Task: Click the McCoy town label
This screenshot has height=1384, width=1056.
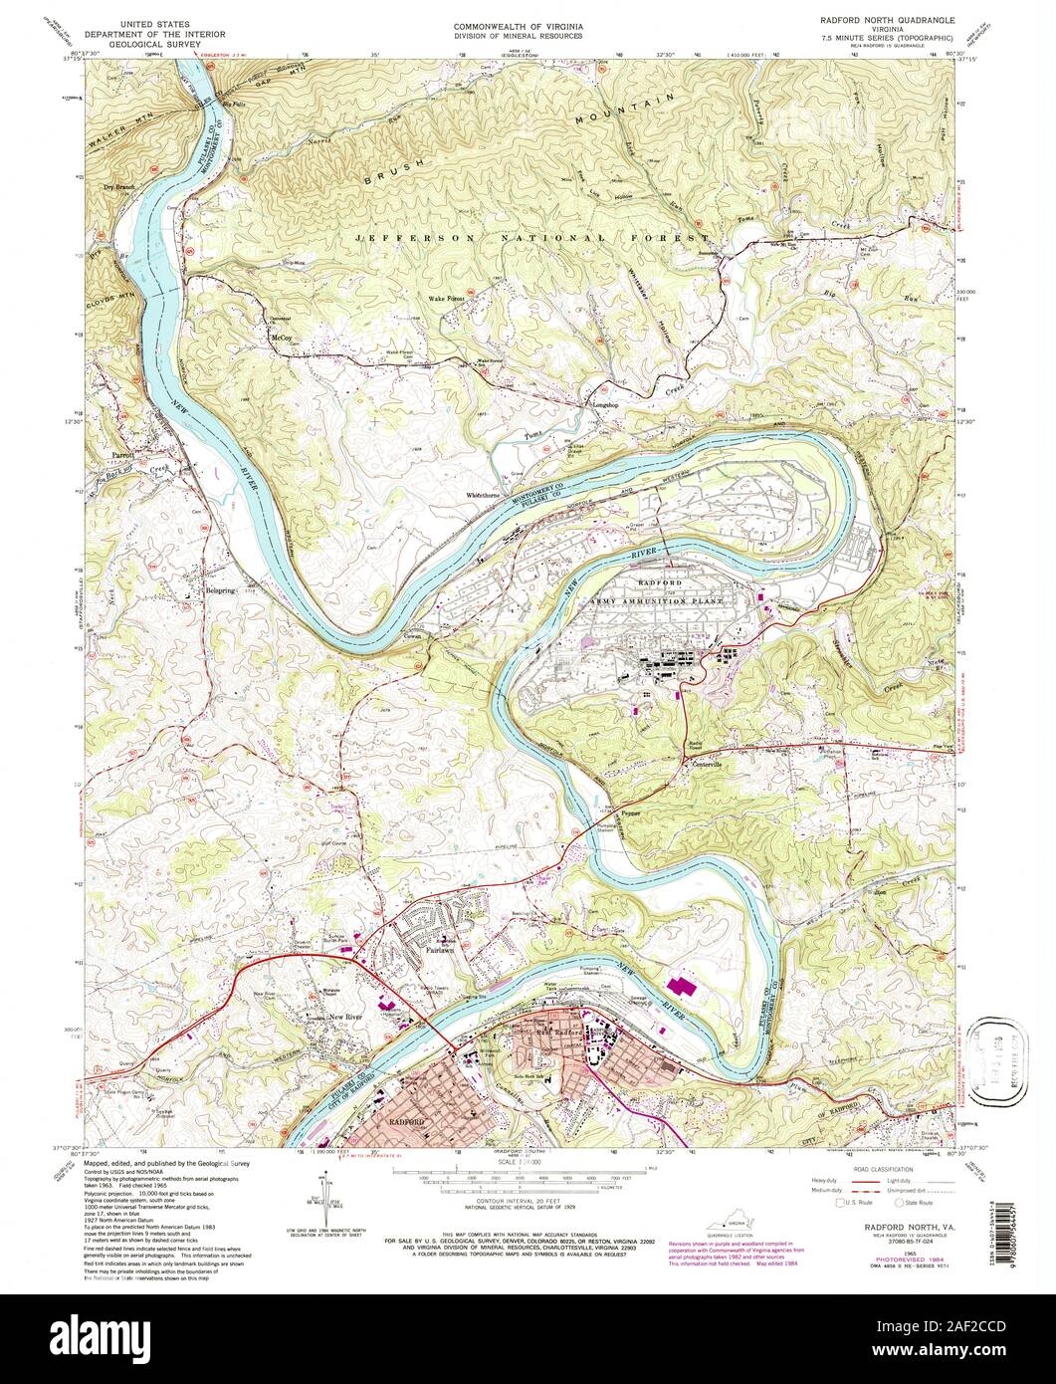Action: pyautogui.click(x=281, y=339)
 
